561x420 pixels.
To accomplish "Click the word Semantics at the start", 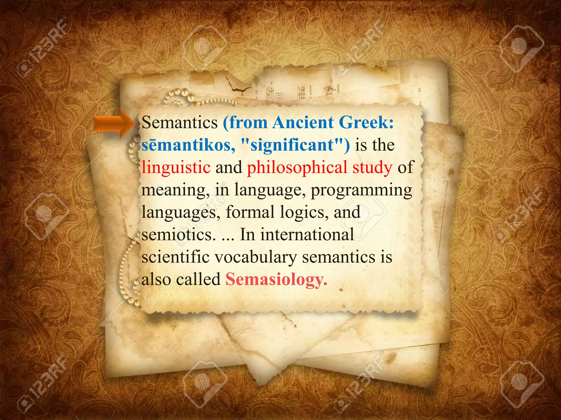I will pos(179,122).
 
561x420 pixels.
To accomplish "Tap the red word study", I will pos(372,167).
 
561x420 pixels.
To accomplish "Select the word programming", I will pos(361,190).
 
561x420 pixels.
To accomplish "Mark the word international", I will pos(307,235).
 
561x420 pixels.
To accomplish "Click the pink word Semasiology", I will pos(276,279).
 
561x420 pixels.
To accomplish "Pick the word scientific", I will pos(176,257).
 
